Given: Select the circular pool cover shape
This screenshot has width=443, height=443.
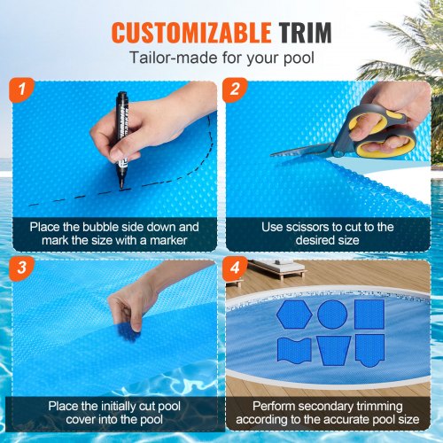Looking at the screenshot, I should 330,314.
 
